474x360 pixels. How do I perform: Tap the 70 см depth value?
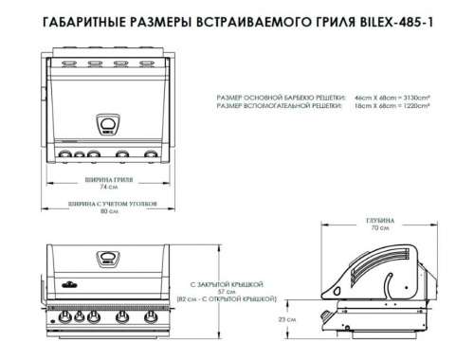click(378, 230)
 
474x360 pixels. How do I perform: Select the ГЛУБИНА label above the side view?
click(379, 222)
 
